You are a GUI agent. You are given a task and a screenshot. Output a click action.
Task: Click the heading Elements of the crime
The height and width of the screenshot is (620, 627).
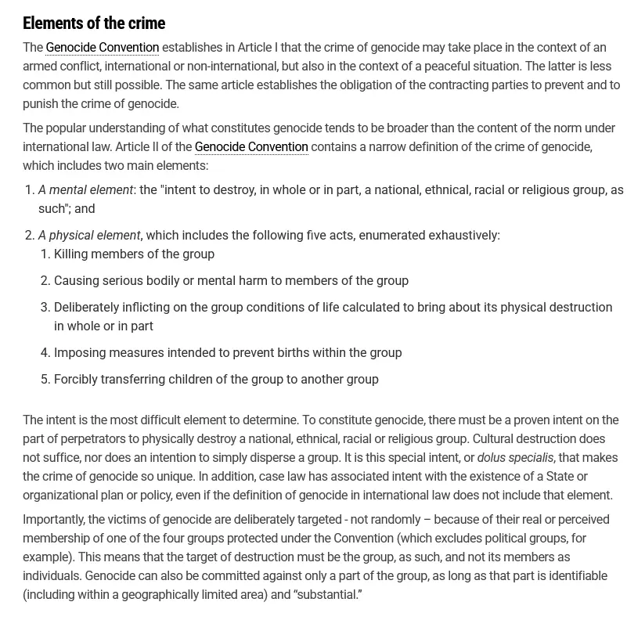[94, 23]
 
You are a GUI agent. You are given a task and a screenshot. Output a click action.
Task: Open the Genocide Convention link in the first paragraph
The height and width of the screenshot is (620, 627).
[102, 48]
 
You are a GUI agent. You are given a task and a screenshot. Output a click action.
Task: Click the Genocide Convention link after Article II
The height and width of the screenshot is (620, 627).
[251, 147]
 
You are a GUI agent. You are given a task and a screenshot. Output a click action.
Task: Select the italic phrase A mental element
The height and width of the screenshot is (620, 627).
[85, 190]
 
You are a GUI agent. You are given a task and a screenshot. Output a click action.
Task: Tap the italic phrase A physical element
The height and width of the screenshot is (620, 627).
[89, 236]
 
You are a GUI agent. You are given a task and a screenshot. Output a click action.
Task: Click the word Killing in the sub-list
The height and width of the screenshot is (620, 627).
[72, 254]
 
